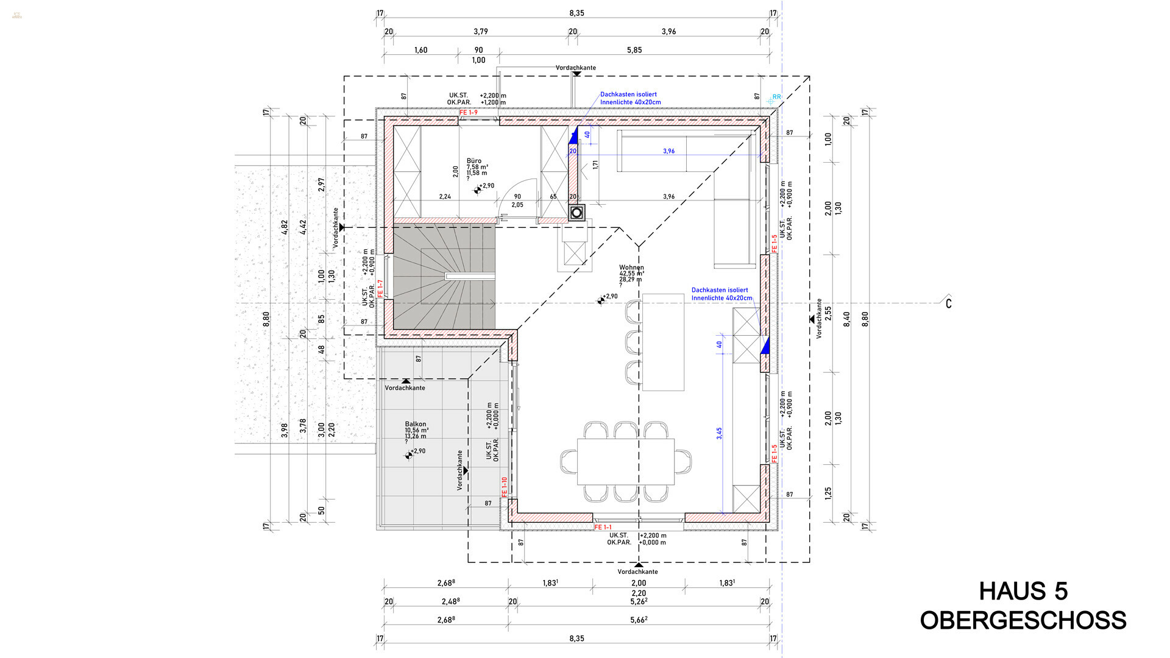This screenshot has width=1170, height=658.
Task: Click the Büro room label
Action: (474, 161)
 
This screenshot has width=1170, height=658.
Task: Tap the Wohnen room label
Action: (631, 267)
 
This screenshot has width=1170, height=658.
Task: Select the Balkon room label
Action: (416, 424)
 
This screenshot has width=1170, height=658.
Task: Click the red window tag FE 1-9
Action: (469, 113)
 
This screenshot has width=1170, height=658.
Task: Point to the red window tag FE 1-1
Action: (603, 527)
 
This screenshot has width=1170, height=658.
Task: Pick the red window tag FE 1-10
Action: (504, 487)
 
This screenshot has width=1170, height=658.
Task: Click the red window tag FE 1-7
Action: (380, 288)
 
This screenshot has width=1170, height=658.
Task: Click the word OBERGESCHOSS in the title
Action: (1023, 620)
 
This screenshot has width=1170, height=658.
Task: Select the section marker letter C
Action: (948, 303)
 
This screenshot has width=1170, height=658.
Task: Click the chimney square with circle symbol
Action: (576, 213)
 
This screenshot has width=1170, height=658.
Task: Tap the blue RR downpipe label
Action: (776, 97)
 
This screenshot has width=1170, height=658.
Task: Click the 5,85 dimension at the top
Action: (634, 50)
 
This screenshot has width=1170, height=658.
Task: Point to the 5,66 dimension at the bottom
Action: (638, 620)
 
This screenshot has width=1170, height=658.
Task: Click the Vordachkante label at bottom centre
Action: (637, 571)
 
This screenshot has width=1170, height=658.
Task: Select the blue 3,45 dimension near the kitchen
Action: (719, 433)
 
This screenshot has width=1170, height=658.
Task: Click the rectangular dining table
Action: (626, 461)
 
